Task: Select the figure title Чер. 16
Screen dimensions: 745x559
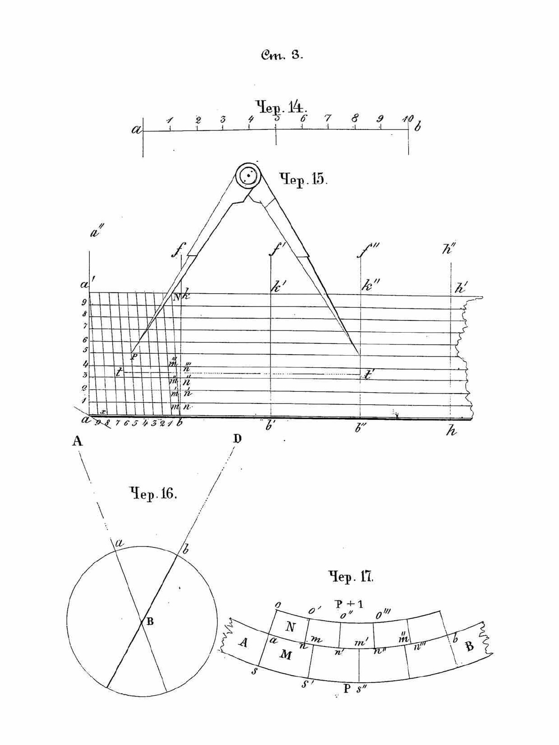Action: (153, 493)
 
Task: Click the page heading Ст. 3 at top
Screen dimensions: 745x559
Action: (282, 55)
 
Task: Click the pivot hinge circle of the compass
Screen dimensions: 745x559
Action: (248, 175)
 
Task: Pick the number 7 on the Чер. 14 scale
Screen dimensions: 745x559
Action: (328, 118)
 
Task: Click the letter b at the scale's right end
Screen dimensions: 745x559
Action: (418, 126)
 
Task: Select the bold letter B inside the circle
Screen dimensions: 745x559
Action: (150, 622)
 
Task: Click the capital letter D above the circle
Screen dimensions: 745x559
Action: (237, 439)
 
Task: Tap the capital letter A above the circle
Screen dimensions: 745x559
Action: (78, 441)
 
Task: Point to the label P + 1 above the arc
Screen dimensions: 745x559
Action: (349, 603)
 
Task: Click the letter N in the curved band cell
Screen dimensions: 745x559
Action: (291, 627)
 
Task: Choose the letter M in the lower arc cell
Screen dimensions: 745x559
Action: (286, 655)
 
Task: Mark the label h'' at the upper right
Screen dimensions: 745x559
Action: (449, 250)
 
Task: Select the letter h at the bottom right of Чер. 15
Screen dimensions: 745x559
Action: (451, 431)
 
